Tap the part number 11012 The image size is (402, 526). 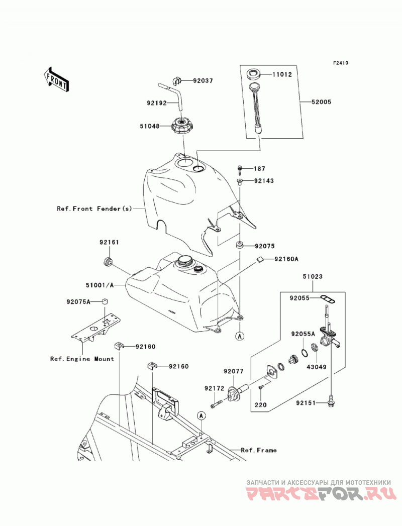282,74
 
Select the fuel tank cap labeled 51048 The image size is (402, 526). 183,126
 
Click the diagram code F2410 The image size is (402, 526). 341,63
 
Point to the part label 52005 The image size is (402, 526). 321,101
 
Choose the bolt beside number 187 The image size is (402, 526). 240,170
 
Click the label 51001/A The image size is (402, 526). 99,285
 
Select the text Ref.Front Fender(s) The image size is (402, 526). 94,208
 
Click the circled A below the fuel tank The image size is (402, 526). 240,336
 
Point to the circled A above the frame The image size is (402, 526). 202,416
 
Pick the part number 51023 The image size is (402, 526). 313,276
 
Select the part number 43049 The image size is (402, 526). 316,367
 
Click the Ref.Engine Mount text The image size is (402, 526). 82,359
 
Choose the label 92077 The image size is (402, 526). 234,371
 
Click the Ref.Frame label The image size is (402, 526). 259,450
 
